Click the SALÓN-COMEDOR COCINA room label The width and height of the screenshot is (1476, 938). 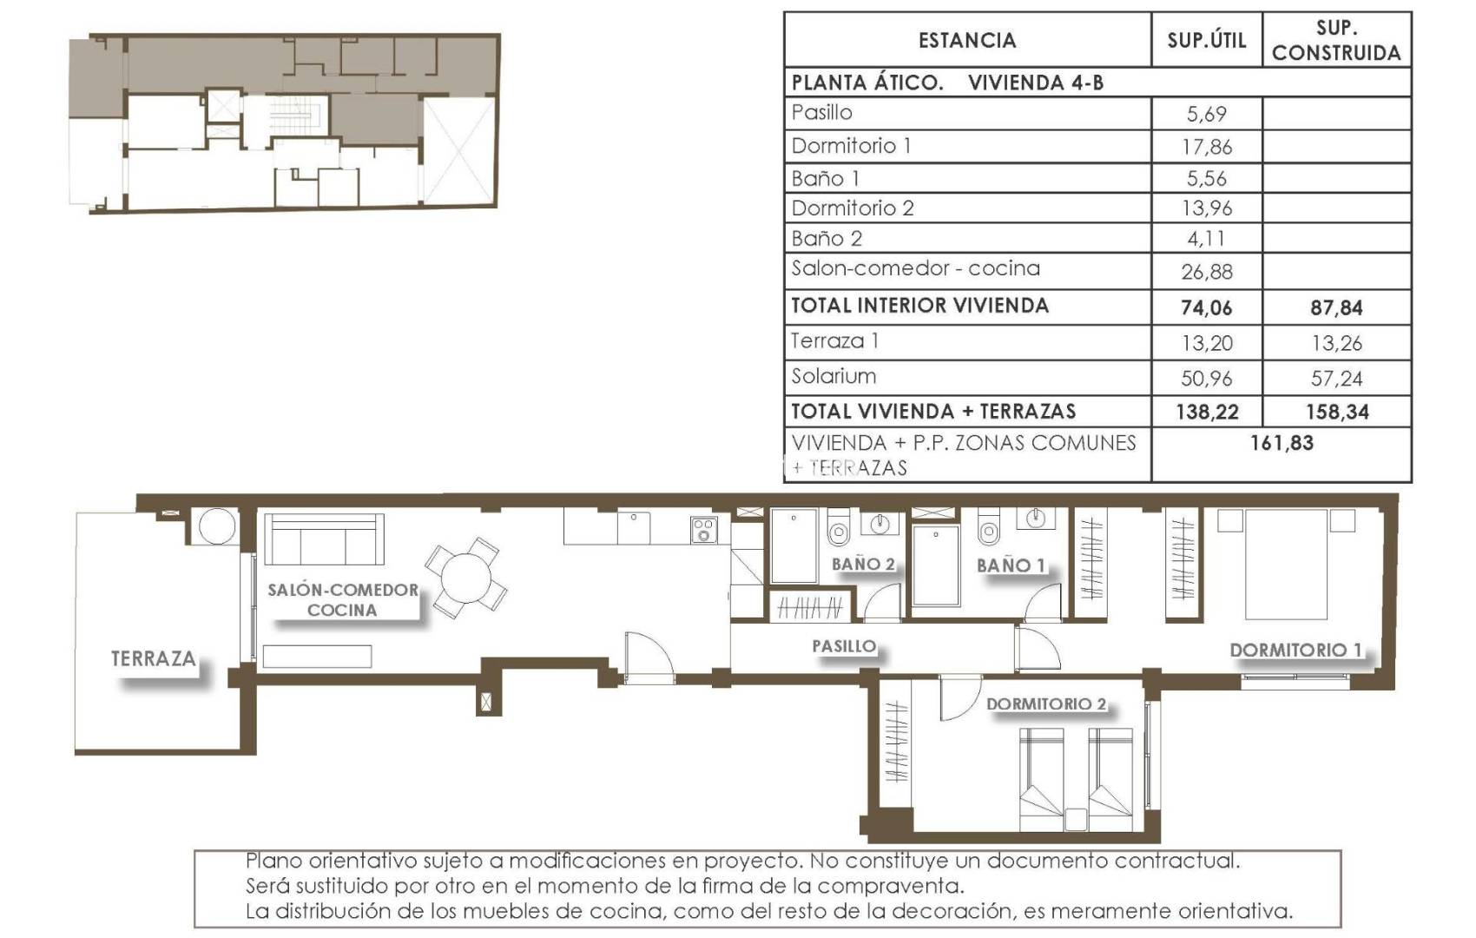click(x=342, y=600)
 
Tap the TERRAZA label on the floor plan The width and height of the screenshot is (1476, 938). click(x=153, y=659)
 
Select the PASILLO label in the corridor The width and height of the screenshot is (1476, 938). click(x=843, y=646)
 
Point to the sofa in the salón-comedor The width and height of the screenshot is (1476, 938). click(x=324, y=539)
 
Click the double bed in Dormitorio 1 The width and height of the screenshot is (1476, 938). click(x=1286, y=564)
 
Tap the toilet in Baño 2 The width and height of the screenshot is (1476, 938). click(x=838, y=529)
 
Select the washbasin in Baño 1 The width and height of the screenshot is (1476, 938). click(x=1035, y=519)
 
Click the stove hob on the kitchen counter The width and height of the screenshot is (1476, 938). click(x=703, y=530)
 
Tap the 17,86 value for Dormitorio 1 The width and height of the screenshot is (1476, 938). click(x=1206, y=147)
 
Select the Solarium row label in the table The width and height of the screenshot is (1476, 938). click(x=834, y=377)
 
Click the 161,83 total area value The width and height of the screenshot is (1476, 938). click(x=1282, y=443)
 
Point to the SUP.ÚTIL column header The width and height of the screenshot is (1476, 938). click(x=1206, y=40)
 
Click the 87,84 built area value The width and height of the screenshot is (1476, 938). click(x=1336, y=307)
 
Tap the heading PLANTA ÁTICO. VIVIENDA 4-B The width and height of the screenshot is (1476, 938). click(x=947, y=83)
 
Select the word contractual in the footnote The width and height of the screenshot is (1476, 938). click(x=1176, y=862)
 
